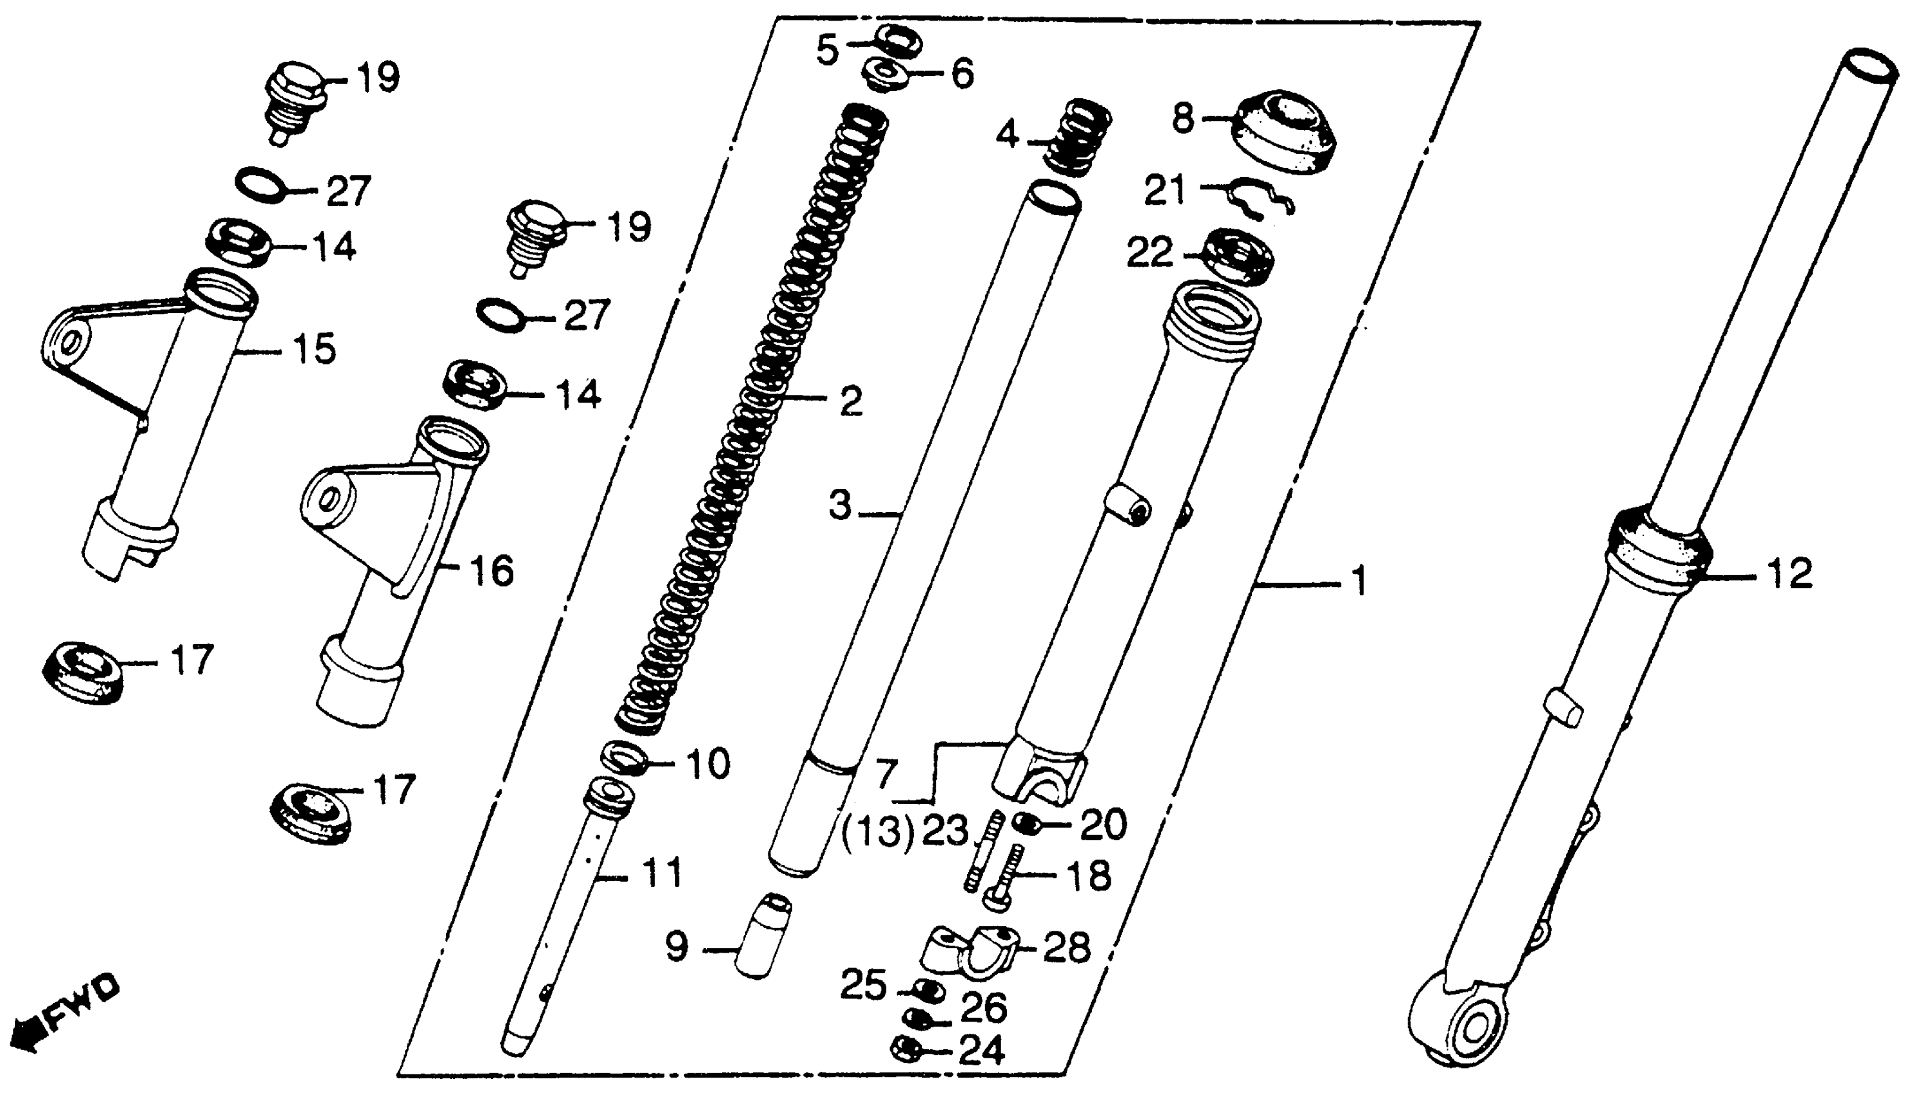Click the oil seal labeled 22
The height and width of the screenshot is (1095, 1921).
click(x=1238, y=256)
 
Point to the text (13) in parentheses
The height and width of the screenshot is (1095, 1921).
click(x=877, y=833)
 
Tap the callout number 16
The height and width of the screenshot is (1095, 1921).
click(x=491, y=571)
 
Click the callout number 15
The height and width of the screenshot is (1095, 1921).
click(x=314, y=349)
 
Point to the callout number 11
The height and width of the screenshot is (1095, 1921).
click(x=662, y=874)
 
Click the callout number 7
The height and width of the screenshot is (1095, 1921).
click(x=887, y=772)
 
